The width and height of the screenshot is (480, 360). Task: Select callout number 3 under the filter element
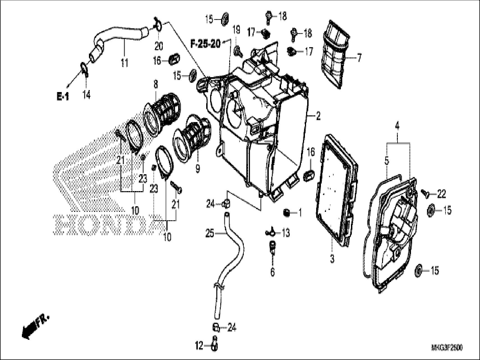point(332,259)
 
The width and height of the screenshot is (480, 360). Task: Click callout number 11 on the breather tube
point(124,63)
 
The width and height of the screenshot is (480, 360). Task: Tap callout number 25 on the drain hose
point(210,233)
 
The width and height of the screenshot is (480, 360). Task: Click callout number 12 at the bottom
point(199,346)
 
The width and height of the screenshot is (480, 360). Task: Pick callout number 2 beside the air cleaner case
point(318,116)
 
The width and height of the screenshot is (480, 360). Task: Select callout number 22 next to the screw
point(441,194)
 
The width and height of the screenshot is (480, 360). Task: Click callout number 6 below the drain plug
point(272,272)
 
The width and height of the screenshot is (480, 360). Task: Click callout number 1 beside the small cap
point(300,213)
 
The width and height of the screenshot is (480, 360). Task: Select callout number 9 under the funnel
point(198,169)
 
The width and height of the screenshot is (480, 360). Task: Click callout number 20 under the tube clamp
point(159,46)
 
